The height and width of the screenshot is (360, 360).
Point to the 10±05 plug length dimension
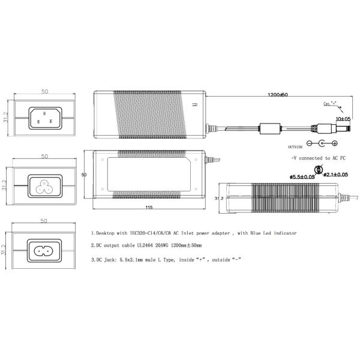click(343, 119)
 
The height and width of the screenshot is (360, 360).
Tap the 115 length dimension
click(148, 207)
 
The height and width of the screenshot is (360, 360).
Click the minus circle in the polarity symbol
click(310, 144)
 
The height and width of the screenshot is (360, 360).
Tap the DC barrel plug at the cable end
click(325, 127)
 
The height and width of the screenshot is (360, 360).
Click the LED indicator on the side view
click(194, 106)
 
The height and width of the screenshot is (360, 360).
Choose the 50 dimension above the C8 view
click(44, 222)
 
